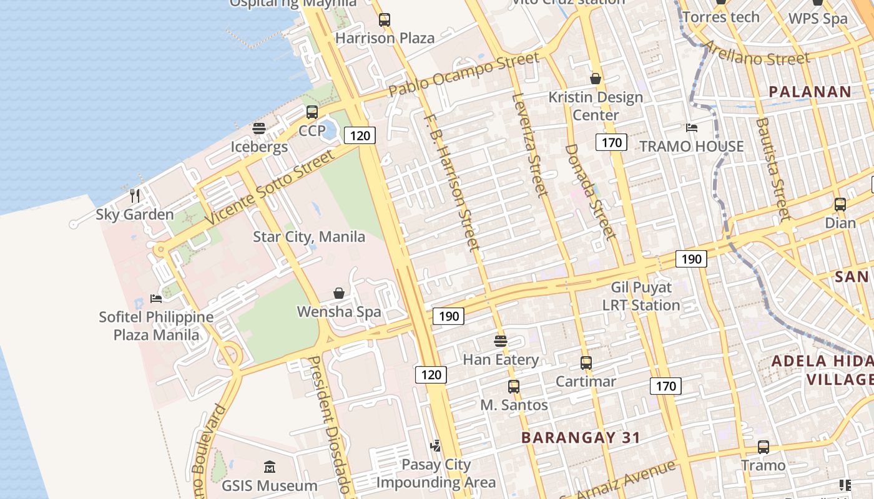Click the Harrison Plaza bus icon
(x=385, y=20)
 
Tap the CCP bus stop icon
(x=312, y=112)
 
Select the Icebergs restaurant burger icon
(x=259, y=128)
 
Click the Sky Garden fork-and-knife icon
(x=135, y=195)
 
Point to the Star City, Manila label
(x=309, y=237)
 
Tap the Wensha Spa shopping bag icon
(x=339, y=293)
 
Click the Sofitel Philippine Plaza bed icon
(x=156, y=298)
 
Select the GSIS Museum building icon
(x=270, y=467)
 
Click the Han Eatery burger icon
(x=501, y=341)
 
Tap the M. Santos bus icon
(x=514, y=387)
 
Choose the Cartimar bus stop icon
(x=586, y=363)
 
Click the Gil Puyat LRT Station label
(x=641, y=296)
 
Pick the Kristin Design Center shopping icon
(x=596, y=79)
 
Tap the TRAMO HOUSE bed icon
(x=692, y=128)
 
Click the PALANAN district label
(x=810, y=92)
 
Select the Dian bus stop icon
(x=840, y=205)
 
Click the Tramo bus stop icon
(x=764, y=447)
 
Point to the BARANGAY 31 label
(x=581, y=438)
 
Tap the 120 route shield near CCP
(x=360, y=135)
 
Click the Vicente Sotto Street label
(x=270, y=187)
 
